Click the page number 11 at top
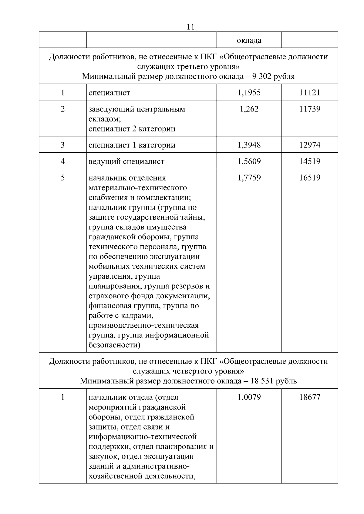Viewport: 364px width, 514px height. [x=190, y=27]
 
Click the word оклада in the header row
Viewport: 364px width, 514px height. [x=249, y=40]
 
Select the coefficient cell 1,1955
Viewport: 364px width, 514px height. [x=249, y=92]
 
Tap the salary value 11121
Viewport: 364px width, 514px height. [x=310, y=92]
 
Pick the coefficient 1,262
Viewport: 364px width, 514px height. [x=249, y=109]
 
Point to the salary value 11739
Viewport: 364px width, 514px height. [x=310, y=109]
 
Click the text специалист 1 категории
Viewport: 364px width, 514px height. [x=132, y=145]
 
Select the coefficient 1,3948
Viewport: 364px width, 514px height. [x=249, y=145]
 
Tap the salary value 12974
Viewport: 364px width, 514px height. [x=310, y=145]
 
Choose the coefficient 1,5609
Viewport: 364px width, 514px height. [x=249, y=161]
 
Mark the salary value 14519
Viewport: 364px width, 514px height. [x=310, y=161]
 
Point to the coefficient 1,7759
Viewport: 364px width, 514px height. [x=249, y=177]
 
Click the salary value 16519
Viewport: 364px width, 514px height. [x=310, y=177]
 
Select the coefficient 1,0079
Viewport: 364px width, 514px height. [x=249, y=397]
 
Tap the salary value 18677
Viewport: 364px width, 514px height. [x=310, y=397]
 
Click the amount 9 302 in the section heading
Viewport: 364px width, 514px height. [x=262, y=76]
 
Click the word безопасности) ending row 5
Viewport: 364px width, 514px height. [x=114, y=345]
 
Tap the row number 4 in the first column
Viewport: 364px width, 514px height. [x=63, y=161]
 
